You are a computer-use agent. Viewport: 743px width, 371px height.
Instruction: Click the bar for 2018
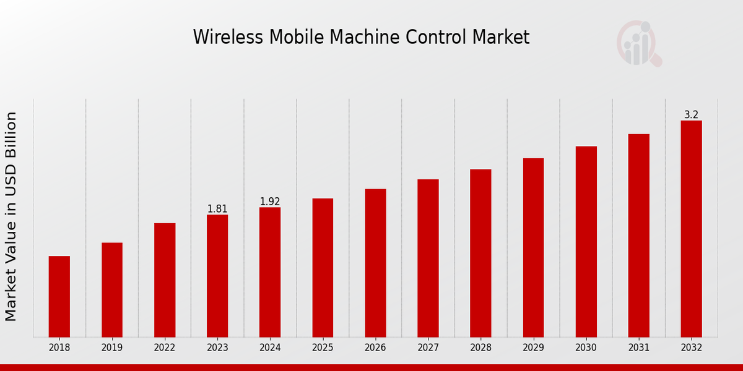click(59, 296)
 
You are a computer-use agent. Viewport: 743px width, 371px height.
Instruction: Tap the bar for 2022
click(165, 279)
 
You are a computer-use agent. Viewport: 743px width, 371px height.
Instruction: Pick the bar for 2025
click(323, 267)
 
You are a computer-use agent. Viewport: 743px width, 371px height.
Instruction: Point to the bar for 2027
click(428, 258)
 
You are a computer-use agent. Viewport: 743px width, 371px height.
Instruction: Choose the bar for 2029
click(533, 247)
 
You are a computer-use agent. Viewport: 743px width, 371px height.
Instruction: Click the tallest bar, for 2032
click(691, 229)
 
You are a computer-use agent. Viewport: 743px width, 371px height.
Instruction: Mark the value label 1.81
click(217, 209)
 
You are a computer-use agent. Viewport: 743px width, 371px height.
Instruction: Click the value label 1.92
click(270, 202)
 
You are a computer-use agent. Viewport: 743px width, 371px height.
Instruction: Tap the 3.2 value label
click(691, 115)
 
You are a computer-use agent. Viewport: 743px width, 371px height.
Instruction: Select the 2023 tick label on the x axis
click(217, 348)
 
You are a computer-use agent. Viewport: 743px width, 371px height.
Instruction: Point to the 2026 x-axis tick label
click(375, 348)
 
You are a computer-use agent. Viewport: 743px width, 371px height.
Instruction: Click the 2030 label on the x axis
click(586, 348)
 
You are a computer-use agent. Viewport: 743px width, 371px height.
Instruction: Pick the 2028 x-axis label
click(480, 348)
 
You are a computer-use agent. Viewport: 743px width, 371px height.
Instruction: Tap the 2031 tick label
click(638, 348)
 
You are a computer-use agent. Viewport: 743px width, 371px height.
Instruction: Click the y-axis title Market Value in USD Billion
click(11, 216)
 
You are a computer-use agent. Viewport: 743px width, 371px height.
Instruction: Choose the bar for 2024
click(270, 272)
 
